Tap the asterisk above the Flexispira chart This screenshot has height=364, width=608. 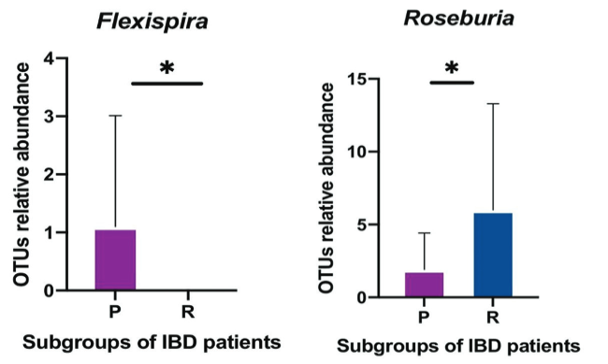168,68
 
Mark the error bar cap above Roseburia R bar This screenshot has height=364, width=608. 492,104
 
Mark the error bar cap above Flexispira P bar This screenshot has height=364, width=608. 116,116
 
